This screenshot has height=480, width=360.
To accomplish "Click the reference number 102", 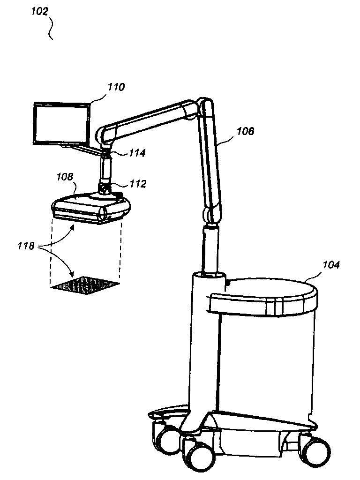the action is pyautogui.click(x=40, y=11).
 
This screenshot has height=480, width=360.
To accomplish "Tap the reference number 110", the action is pyautogui.click(x=116, y=87).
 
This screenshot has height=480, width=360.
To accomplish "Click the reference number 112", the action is pyautogui.click(x=138, y=184).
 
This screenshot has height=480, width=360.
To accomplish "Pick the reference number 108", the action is pyautogui.click(x=65, y=177).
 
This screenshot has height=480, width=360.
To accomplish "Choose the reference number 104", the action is pyautogui.click(x=330, y=265).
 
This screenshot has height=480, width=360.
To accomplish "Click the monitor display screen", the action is pyautogui.click(x=61, y=124).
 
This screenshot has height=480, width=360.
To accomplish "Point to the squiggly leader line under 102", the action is pyautogui.click(x=52, y=28).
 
